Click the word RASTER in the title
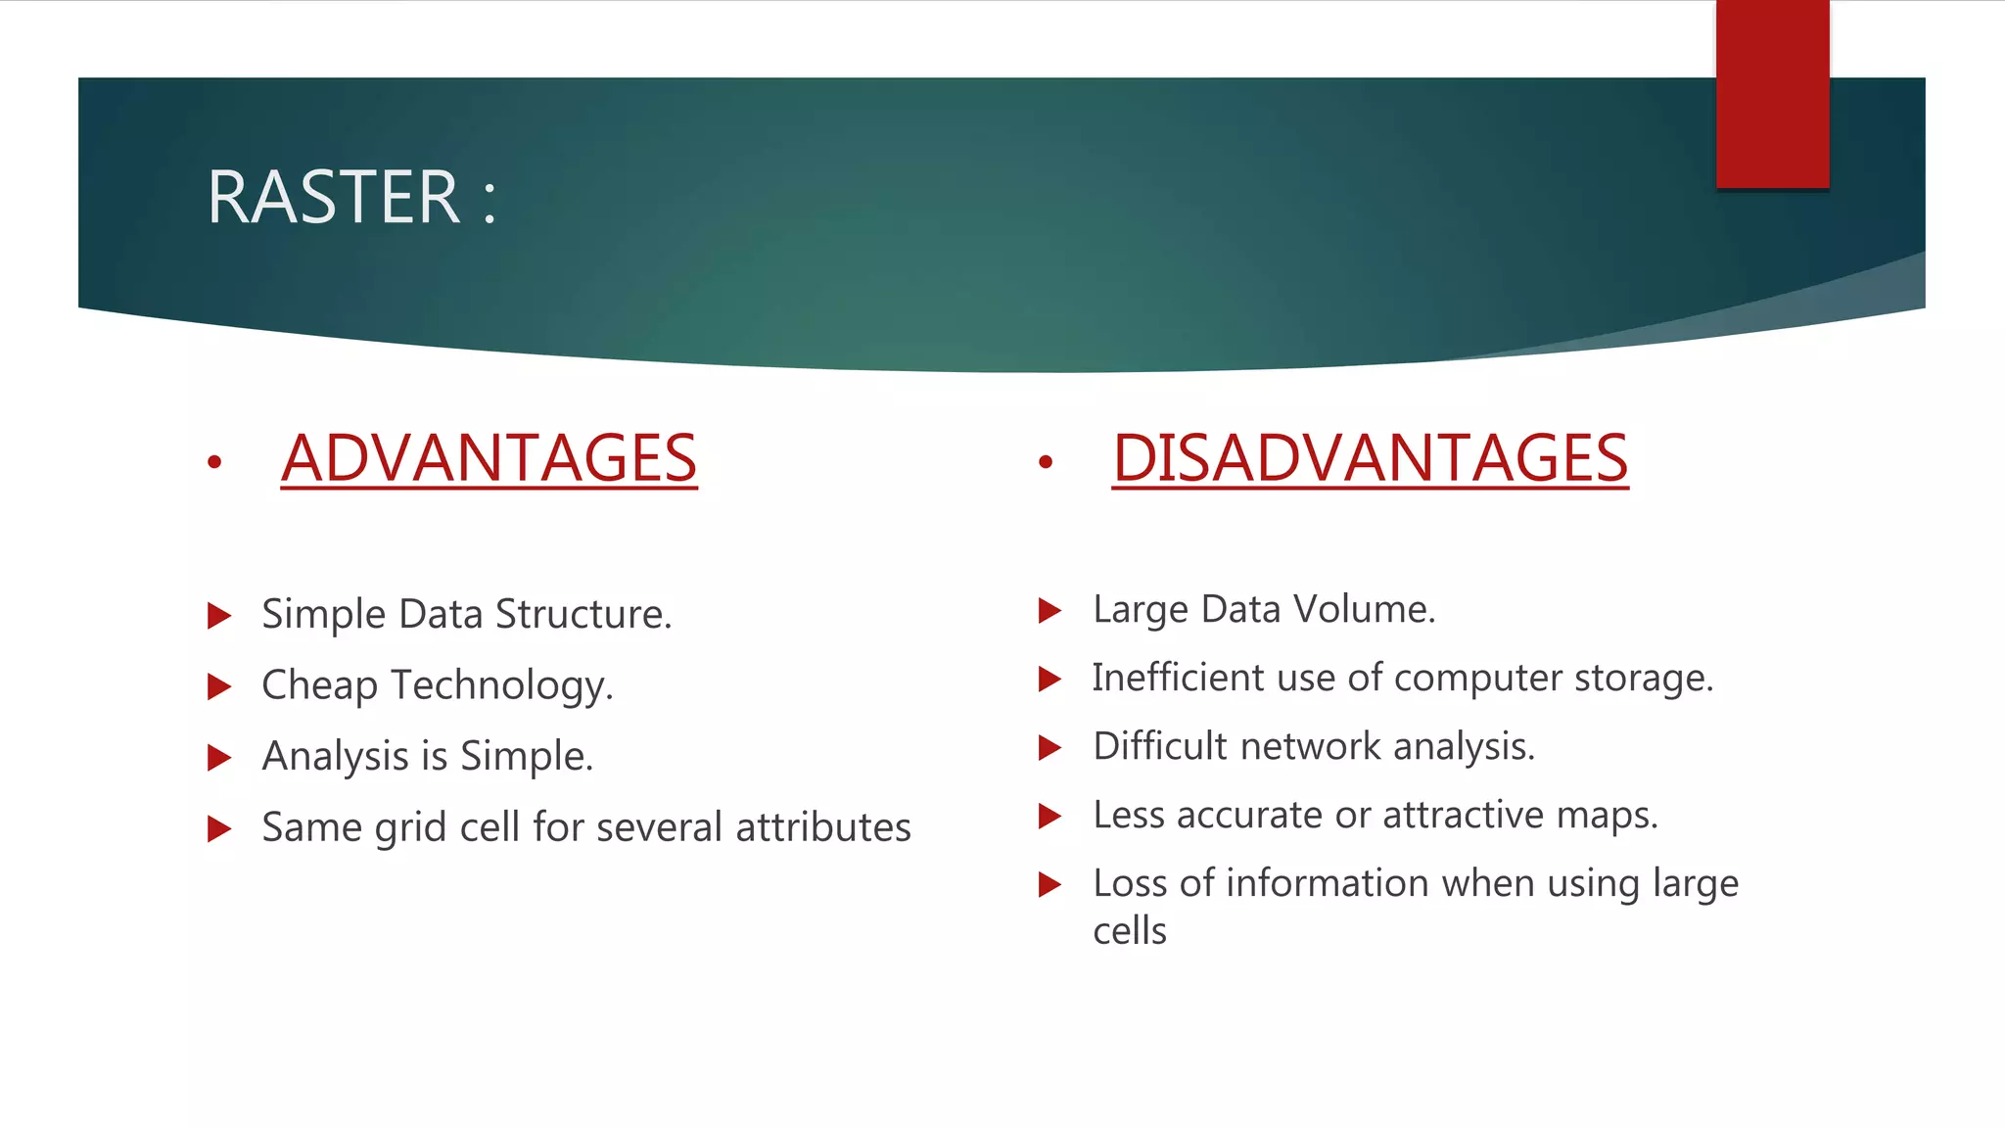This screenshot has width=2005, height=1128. [333, 198]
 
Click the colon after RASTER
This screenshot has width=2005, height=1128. [490, 201]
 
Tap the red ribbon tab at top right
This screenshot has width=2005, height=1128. [1772, 94]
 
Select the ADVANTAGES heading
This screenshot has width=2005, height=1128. [489, 458]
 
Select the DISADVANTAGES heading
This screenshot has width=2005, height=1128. [1370, 458]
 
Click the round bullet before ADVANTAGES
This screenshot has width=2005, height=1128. [214, 462]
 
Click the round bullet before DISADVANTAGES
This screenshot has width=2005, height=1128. [1046, 462]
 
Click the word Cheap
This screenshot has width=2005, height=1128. [320, 685]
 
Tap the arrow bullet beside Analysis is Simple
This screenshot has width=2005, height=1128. [219, 757]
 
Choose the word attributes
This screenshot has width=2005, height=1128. [823, 828]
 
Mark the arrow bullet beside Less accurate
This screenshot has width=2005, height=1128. [1049, 815]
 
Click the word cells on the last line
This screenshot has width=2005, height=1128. [1130, 931]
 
